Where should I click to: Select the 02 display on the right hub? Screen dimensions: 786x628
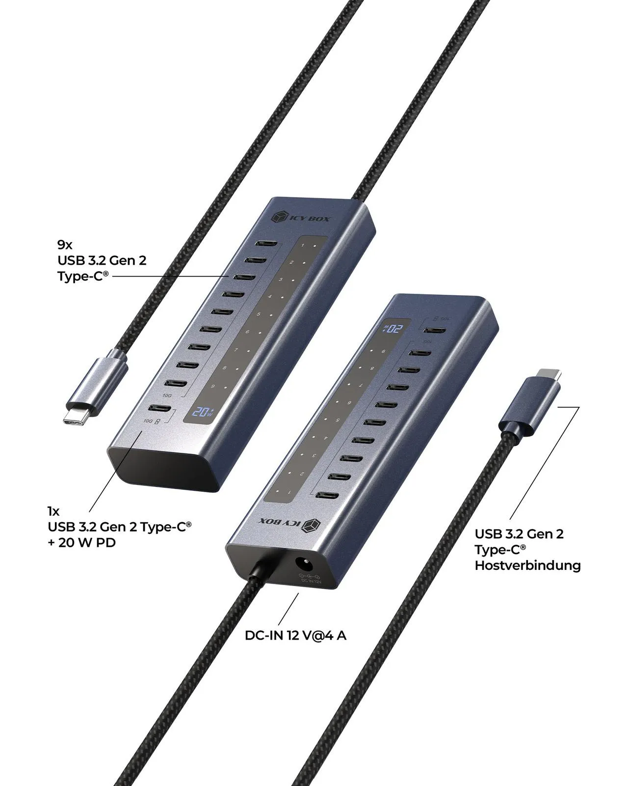pos(393,328)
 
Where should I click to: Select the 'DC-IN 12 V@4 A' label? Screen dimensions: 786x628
pos(295,635)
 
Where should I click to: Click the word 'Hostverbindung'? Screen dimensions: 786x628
pos(527,565)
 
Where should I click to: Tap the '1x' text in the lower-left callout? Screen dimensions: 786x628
pos(53,511)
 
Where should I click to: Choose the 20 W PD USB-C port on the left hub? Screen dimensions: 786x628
pos(160,409)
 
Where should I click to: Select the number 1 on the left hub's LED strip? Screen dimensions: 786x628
pos(303,245)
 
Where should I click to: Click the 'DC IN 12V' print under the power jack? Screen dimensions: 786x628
pos(311,581)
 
